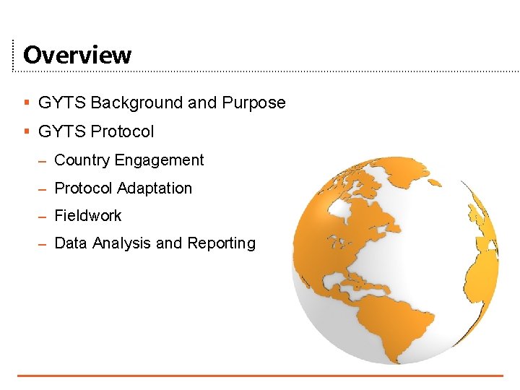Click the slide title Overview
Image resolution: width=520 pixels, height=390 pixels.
pos(77,55)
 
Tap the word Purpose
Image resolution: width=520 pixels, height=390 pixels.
pos(253,103)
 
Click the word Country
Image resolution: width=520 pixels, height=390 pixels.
pos(82,160)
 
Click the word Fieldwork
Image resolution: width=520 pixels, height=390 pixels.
pos(88,216)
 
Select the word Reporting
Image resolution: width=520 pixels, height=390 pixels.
pos(221,243)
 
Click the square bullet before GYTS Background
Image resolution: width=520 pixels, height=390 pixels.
pos(26,103)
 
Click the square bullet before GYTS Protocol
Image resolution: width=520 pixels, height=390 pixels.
pos(26,132)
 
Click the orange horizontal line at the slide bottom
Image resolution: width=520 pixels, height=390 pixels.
pos(260,376)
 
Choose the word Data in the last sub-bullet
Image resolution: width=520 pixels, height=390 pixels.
pos(70,243)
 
